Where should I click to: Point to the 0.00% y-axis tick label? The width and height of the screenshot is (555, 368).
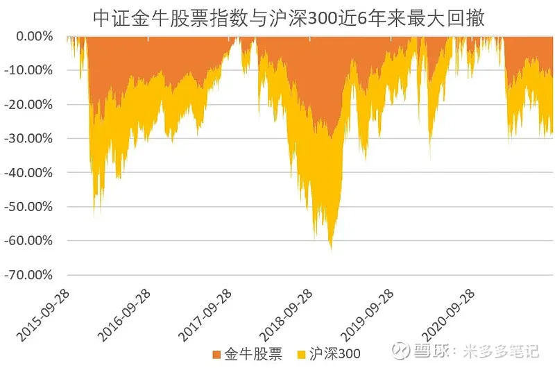coord(34,36)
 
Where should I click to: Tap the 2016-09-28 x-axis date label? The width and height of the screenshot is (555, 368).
coord(125,312)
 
